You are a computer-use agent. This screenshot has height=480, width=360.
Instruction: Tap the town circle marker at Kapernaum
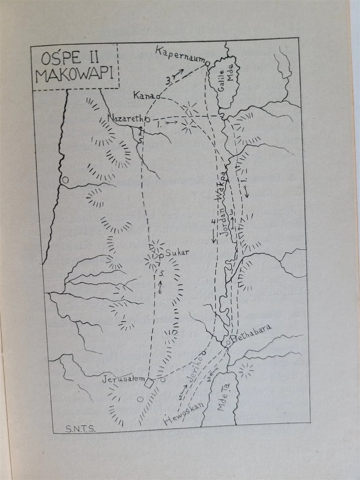pyautogui.click(x=208, y=64)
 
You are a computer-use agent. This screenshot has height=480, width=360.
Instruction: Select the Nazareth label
pyautogui.click(x=126, y=118)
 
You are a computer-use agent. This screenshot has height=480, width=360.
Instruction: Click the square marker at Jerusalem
pyautogui.click(x=149, y=383)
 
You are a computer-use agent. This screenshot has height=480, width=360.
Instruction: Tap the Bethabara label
pyautogui.click(x=253, y=332)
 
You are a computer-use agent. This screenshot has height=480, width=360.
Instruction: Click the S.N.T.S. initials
pyautogui.click(x=80, y=429)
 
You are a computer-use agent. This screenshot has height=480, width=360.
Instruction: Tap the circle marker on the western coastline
pyautogui.click(x=65, y=179)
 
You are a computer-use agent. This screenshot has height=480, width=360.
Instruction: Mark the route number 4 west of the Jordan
pyautogui.click(x=213, y=223)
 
